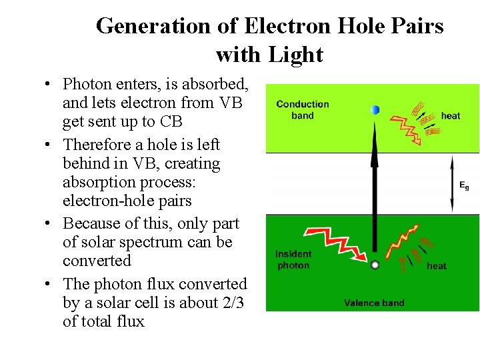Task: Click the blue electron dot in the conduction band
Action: pyautogui.click(x=375, y=110)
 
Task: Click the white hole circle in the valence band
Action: pyautogui.click(x=375, y=265)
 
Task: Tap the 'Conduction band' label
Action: pyautogui.click(x=302, y=109)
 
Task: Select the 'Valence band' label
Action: pyautogui.click(x=374, y=303)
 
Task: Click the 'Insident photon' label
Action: pyautogui.click(x=293, y=259)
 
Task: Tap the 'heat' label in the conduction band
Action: pyautogui.click(x=451, y=115)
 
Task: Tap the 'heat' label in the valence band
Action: pyautogui.click(x=437, y=266)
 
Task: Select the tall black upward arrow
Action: pyautogui.click(x=375, y=193)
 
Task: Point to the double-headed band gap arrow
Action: pyautogui.click(x=452, y=184)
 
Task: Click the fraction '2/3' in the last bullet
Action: pyautogui.click(x=229, y=303)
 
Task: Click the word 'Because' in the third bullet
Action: pyautogui.click(x=89, y=223)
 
